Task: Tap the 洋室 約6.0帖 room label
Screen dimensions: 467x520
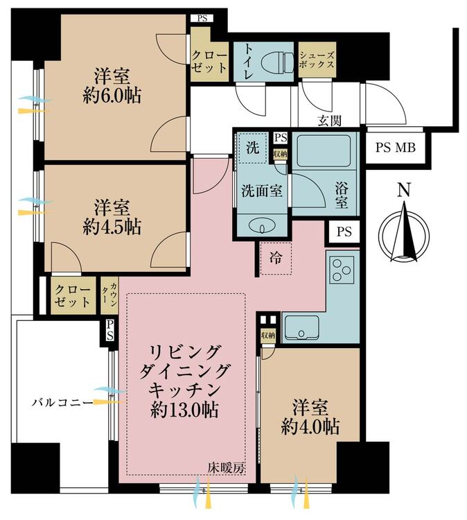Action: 112,86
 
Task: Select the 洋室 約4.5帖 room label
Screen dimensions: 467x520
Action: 112,218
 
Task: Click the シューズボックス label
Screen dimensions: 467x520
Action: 317,60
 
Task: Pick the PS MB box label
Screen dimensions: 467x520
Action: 396,147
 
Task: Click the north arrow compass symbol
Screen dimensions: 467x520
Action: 404,234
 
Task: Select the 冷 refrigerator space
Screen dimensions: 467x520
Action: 276,258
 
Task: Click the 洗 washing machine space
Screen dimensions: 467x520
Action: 253,148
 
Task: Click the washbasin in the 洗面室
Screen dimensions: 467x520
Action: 262,227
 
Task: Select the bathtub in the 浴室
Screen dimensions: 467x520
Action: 324,150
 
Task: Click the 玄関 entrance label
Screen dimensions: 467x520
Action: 329,121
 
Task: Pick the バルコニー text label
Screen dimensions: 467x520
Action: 62,403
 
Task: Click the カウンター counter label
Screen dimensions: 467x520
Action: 109,296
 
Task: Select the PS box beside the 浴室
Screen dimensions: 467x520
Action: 344,232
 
